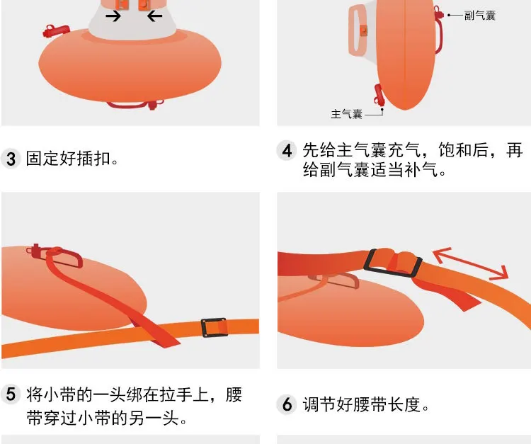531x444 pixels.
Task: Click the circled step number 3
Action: click(11, 159)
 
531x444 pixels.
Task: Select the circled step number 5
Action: click(11, 395)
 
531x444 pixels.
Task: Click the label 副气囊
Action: click(480, 15)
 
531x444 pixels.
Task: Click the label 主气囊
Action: click(346, 113)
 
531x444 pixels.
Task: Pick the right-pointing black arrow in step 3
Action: click(113, 16)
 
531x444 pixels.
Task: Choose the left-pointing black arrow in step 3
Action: click(155, 16)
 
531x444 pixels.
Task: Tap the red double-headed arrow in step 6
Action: click(470, 263)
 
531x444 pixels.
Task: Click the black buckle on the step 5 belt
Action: click(215, 327)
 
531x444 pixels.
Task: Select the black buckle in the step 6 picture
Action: click(393, 264)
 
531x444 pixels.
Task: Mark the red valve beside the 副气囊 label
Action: click(439, 14)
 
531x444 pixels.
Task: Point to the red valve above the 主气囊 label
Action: click(378, 95)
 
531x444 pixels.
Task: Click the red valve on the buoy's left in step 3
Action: click(54, 32)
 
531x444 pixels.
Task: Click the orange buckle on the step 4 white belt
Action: click(364, 30)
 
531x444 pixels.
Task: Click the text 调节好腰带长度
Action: click(366, 405)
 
